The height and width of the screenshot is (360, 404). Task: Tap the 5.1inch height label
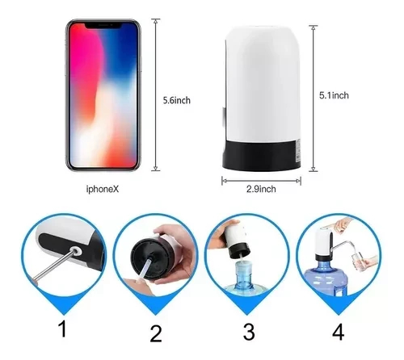[332, 95]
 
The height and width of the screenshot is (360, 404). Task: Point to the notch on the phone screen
[103, 26]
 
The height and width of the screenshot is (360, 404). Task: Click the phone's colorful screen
[103, 97]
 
